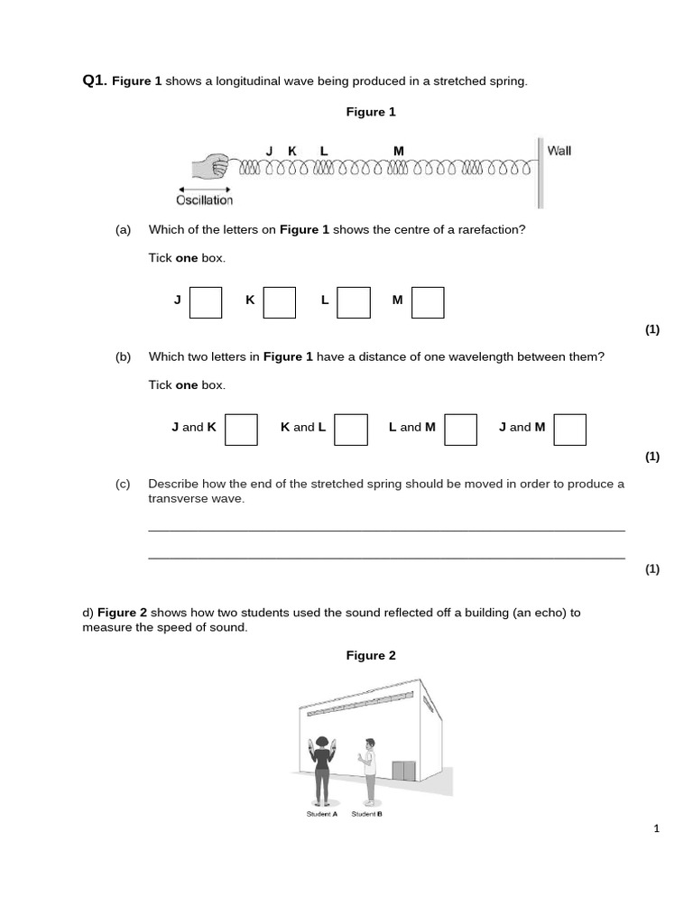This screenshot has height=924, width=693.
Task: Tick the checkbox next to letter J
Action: (x=206, y=302)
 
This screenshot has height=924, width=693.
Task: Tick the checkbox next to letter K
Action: (x=280, y=302)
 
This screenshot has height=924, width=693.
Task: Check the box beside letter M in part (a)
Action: (x=428, y=302)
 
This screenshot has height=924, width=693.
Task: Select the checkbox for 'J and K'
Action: (x=241, y=430)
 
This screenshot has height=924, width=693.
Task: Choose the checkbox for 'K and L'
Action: (x=351, y=430)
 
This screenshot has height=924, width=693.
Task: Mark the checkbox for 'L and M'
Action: (x=461, y=430)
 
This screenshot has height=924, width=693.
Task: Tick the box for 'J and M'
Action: (x=570, y=430)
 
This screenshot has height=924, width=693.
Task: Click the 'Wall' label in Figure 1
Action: (x=559, y=151)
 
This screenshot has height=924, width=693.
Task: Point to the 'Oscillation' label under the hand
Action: (x=205, y=200)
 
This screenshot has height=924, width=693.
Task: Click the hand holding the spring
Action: (x=214, y=168)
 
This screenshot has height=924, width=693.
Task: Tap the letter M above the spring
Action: (x=399, y=151)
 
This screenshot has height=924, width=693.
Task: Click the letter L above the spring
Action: (x=324, y=151)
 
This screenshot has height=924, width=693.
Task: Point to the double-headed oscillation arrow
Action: (x=203, y=188)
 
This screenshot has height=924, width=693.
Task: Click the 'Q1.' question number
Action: (x=95, y=81)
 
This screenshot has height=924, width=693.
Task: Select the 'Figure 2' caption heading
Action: (x=371, y=656)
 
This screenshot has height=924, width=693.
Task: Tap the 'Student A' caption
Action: (x=322, y=814)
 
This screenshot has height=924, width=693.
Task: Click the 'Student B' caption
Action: (x=367, y=814)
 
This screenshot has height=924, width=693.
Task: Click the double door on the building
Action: (x=403, y=772)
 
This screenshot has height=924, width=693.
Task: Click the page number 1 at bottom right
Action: (x=657, y=828)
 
